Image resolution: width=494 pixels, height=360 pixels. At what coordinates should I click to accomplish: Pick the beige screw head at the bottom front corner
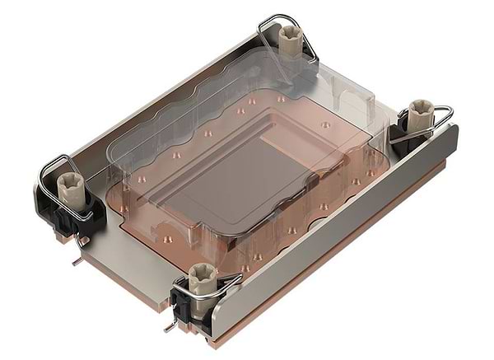[x=201, y=275]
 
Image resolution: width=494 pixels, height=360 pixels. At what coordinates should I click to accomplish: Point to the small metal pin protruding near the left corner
[x=76, y=262]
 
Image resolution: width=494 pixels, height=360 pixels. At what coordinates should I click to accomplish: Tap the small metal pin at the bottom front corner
[x=169, y=327]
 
